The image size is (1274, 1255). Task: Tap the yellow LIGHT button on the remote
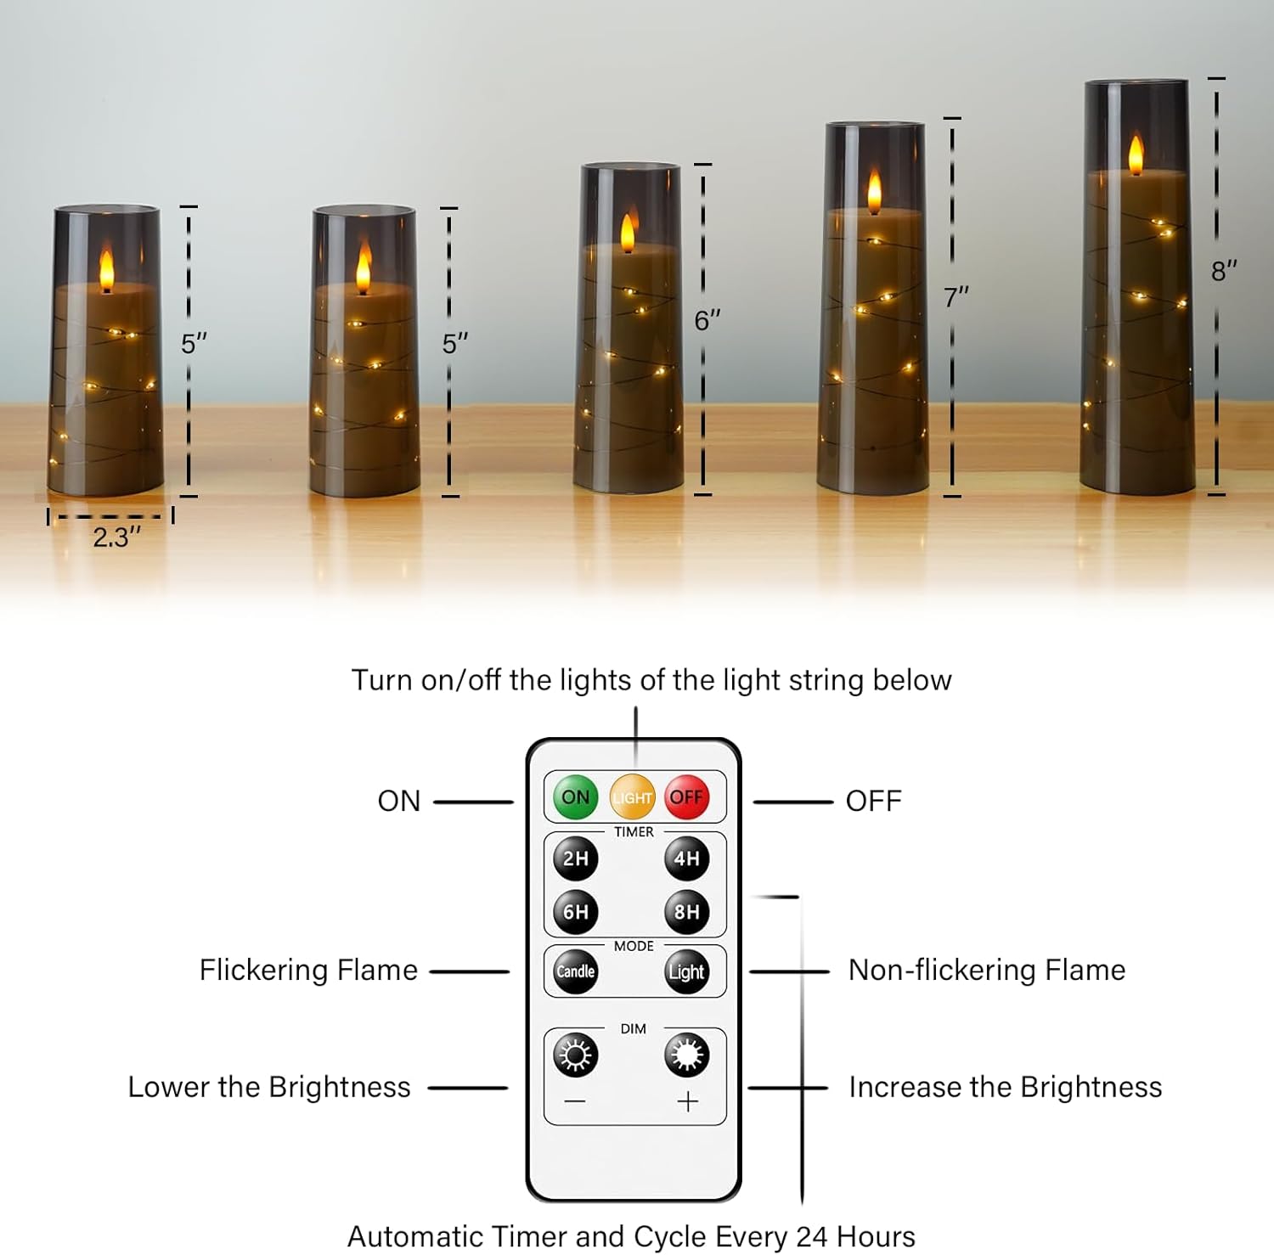(633, 797)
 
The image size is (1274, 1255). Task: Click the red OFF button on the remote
(686, 796)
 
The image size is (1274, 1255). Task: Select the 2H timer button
(576, 858)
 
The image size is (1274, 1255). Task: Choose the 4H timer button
(686, 858)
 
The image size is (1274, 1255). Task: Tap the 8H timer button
(686, 912)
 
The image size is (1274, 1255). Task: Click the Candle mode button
(576, 971)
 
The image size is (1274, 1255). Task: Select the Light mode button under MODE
(686, 971)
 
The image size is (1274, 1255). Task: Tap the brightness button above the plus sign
(686, 1055)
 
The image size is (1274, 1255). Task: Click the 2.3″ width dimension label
(116, 537)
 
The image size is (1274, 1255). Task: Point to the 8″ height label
(1224, 272)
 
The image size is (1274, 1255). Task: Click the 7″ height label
(956, 298)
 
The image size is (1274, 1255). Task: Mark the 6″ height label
(707, 321)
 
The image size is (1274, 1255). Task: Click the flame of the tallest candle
(1136, 155)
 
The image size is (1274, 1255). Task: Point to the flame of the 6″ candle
(628, 232)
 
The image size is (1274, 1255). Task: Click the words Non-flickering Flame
(986, 970)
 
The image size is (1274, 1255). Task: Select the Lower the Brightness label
(269, 1087)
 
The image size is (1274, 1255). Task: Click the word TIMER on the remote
(634, 832)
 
